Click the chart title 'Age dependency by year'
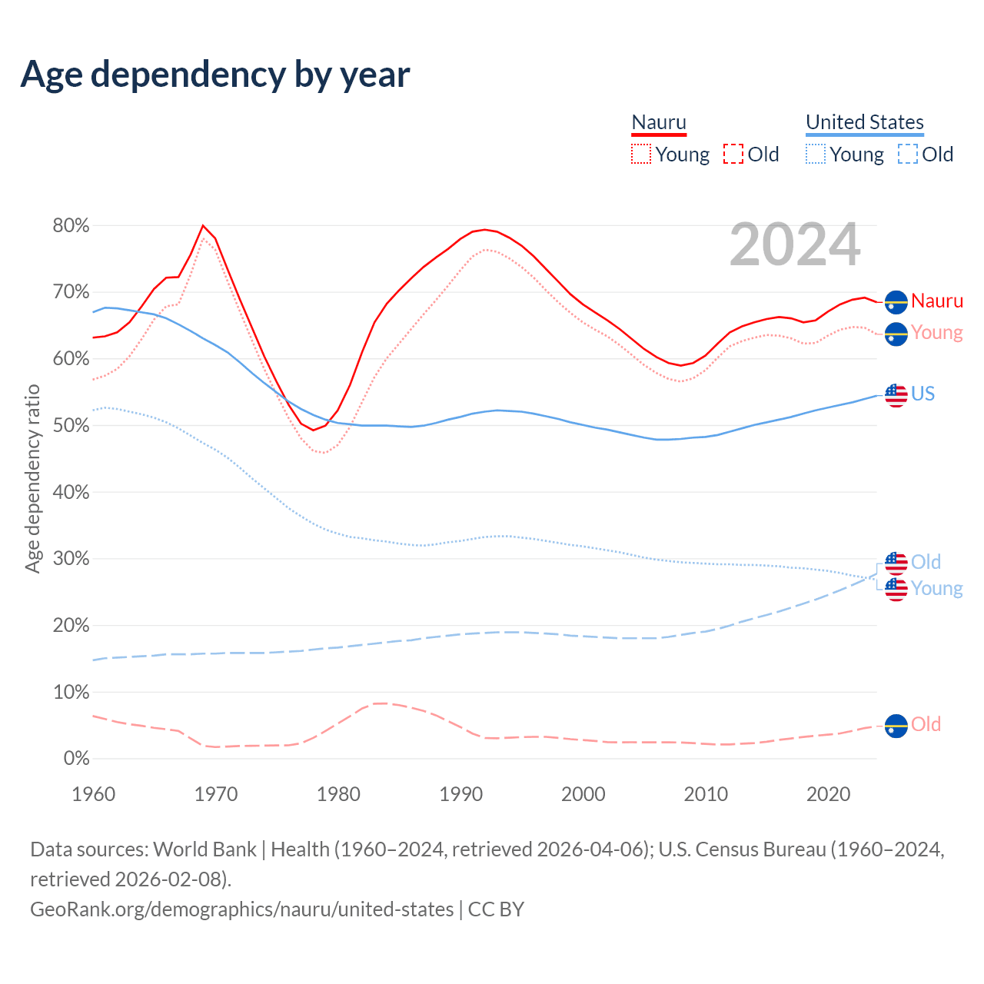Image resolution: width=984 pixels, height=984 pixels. tap(215, 75)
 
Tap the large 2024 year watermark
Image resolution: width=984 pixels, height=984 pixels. tap(795, 245)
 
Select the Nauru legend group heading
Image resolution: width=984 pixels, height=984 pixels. tap(659, 122)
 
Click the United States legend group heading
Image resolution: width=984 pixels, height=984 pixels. tap(864, 122)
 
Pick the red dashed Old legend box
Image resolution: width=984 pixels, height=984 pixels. tap(733, 155)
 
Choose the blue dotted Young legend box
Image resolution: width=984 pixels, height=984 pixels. tap(816, 155)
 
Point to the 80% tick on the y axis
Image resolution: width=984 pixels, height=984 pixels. tap(71, 225)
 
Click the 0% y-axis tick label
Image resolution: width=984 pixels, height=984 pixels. tap(76, 759)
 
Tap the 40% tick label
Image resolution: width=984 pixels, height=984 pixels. tap(71, 492)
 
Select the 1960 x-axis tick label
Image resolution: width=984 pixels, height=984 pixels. tap(93, 794)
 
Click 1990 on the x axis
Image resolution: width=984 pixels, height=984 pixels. tap(460, 794)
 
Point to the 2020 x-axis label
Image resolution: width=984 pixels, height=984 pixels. tap(828, 794)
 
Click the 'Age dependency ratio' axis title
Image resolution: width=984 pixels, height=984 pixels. tap(32, 479)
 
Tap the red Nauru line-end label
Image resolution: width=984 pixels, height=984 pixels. tap(937, 301)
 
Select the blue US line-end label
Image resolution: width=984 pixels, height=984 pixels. tap(923, 394)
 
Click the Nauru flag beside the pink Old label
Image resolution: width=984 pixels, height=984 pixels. tap(896, 726)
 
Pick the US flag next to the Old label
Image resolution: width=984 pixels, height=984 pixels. tap(896, 563)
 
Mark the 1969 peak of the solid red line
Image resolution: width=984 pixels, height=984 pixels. tap(203, 225)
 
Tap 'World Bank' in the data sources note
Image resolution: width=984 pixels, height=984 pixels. tap(204, 849)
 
